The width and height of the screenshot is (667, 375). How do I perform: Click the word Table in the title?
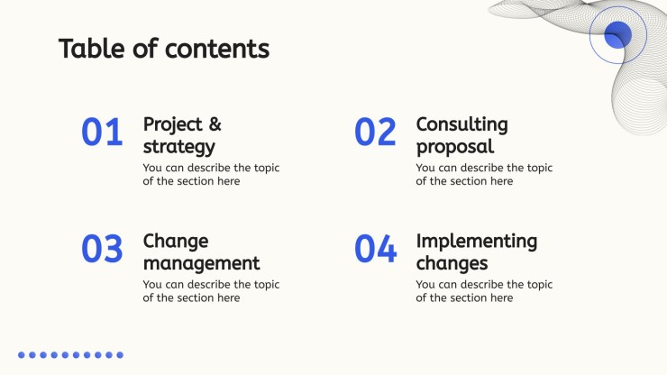[92, 48]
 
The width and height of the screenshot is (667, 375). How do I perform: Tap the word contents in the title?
[217, 49]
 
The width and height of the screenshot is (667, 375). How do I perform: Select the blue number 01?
[102, 132]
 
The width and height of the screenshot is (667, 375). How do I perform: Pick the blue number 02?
[375, 132]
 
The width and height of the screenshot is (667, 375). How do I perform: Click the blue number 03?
[102, 249]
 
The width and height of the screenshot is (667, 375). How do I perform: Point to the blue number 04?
[376, 249]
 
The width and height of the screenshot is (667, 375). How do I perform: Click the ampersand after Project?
[215, 124]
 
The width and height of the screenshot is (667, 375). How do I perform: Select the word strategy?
[179, 147]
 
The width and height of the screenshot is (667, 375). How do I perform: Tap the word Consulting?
[462, 124]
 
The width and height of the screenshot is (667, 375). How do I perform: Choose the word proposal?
[455, 147]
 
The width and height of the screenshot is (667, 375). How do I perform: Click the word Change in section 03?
[176, 242]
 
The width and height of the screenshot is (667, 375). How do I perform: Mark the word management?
[201, 263]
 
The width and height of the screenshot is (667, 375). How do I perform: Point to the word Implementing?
[477, 242]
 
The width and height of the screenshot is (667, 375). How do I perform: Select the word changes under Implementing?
[452, 263]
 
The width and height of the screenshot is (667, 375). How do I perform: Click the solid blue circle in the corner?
[617, 34]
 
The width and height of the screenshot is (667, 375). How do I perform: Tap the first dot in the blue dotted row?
[22, 355]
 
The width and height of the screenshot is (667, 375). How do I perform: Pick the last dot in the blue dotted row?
[120, 355]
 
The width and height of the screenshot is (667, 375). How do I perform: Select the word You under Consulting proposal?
[425, 168]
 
